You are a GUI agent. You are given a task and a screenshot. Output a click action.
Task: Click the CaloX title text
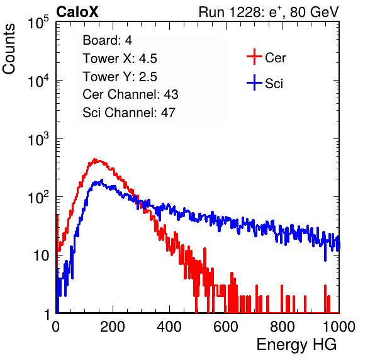[77, 12]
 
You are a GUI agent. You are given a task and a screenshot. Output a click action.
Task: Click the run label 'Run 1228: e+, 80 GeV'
[269, 12]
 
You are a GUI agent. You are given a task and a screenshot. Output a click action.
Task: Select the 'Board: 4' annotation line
[107, 40]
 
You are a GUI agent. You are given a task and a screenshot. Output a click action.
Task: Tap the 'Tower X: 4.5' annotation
[120, 59]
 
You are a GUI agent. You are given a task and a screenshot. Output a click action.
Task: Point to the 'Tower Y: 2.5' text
[120, 77]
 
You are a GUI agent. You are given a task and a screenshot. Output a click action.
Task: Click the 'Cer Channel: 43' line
[130, 94]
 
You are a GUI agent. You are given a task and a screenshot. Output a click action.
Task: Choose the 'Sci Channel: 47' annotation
[129, 113]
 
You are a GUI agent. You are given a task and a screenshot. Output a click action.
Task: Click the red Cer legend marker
[254, 57]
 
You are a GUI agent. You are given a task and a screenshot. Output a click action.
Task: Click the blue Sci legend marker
[254, 82]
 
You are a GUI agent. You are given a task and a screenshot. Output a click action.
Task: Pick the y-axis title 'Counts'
[9, 48]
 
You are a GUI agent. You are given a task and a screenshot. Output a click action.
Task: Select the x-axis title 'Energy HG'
[296, 345]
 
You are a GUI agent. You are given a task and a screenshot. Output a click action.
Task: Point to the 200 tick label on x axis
[113, 327]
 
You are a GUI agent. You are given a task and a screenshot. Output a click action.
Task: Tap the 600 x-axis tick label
[226, 327]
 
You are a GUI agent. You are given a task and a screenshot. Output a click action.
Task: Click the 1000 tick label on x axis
[339, 327]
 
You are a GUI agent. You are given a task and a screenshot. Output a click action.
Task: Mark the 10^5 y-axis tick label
[38, 23]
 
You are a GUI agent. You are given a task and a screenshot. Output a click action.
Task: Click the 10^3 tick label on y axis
[38, 139]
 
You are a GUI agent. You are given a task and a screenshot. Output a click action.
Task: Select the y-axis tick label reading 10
[41, 256]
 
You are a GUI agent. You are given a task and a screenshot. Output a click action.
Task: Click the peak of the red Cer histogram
[94, 159]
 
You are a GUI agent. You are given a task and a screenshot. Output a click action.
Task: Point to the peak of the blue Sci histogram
[102, 180]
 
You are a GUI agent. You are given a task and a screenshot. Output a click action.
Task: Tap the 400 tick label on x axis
[169, 327]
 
